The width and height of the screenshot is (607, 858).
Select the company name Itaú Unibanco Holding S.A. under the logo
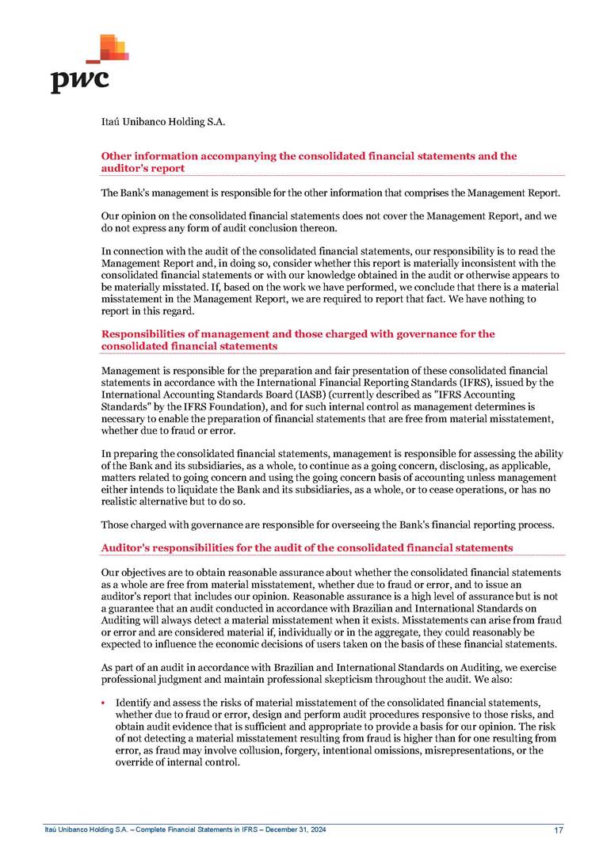[163, 122]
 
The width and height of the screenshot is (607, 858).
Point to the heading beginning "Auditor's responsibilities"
[307, 547]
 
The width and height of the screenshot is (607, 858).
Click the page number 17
[559, 829]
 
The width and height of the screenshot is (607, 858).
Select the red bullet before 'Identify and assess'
[105, 703]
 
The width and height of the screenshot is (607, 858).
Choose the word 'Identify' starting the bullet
[133, 703]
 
